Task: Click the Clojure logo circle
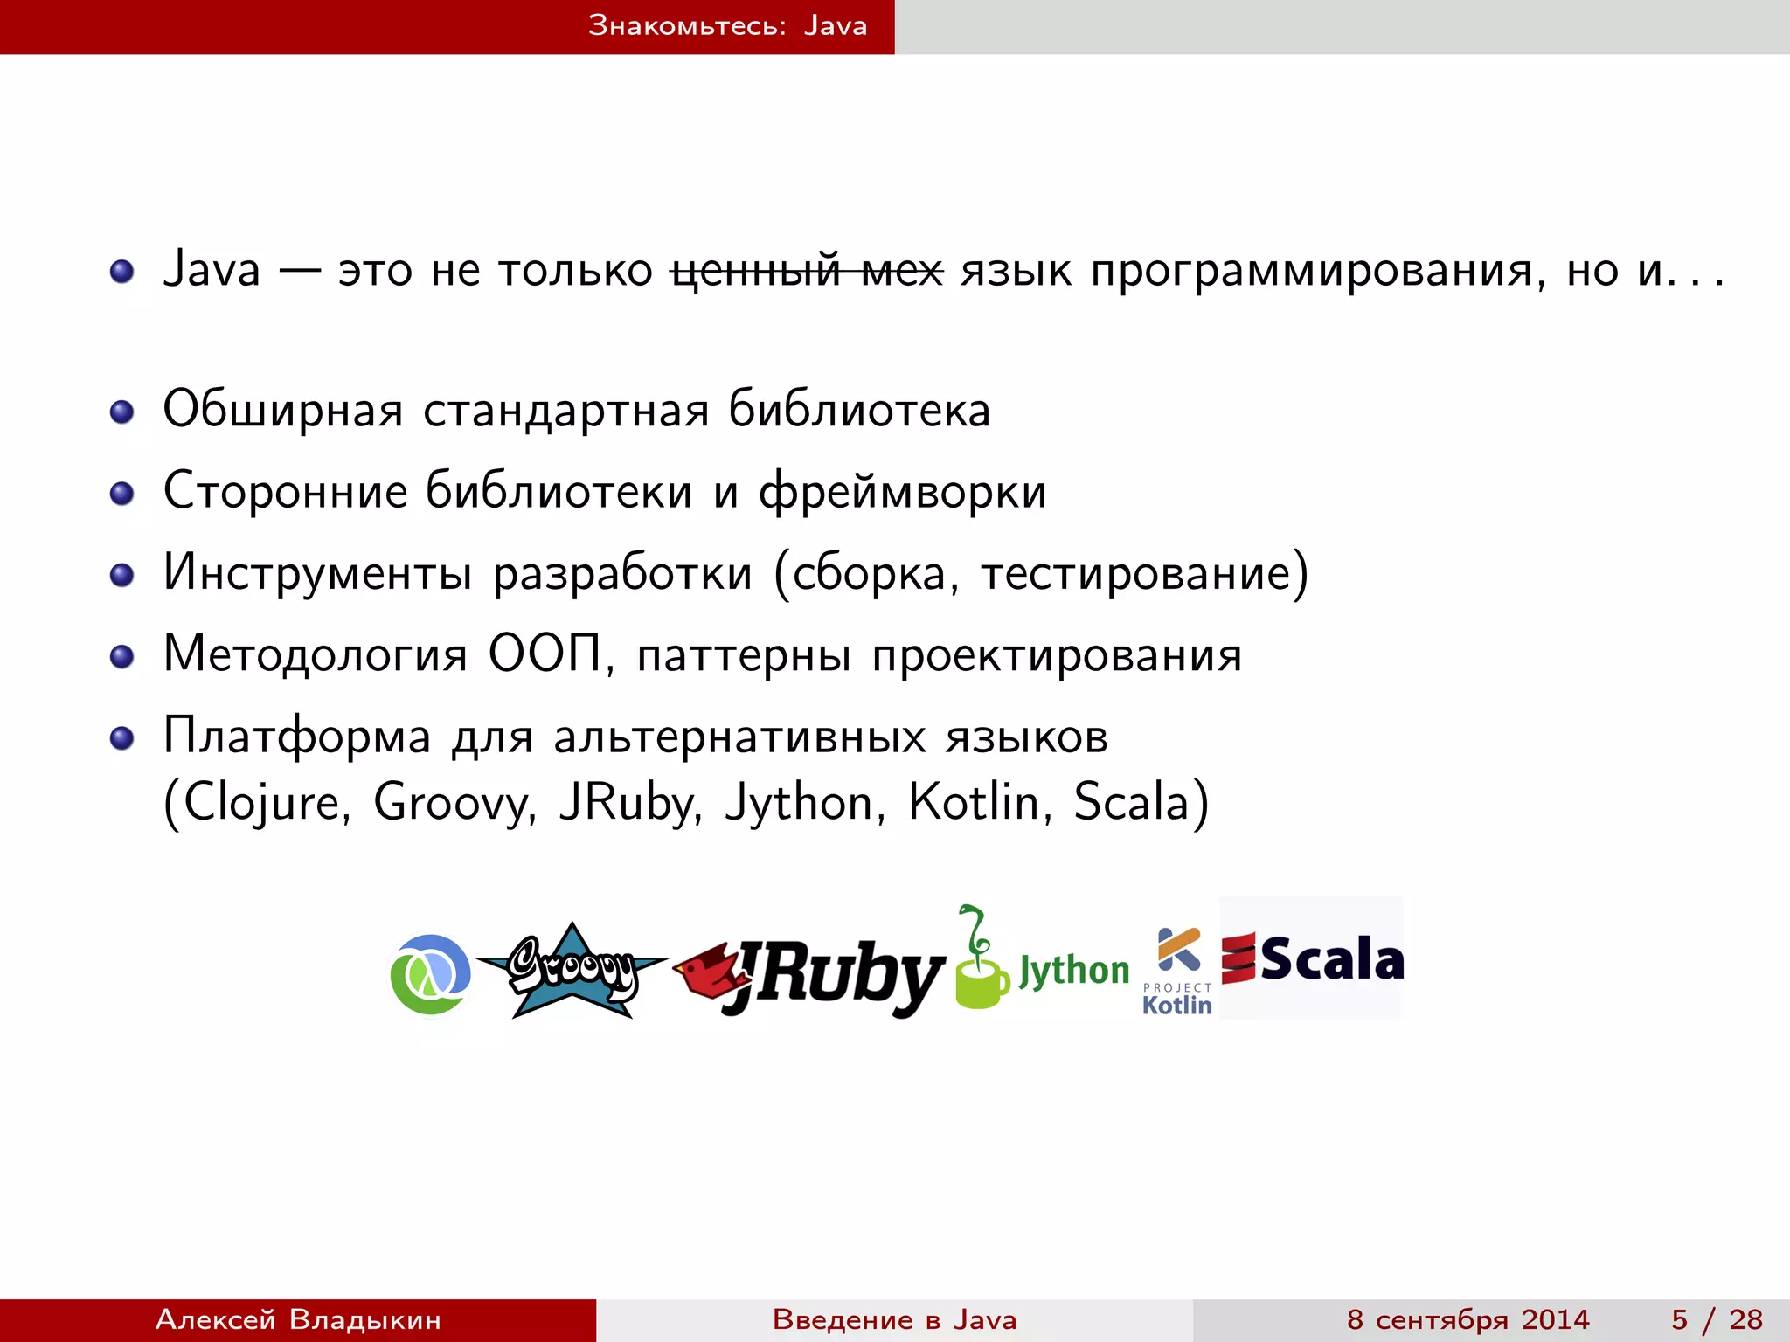[430, 973]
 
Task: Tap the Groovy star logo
[572, 970]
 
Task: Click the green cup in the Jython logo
[981, 982]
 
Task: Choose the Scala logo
[1312, 958]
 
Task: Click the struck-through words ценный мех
[807, 270]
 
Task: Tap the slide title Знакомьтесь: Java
[727, 26]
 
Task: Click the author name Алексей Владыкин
[298, 1319]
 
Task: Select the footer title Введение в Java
[894, 1319]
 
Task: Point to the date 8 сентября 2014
[1467, 1319]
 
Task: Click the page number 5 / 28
[1717, 1319]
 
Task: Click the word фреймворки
[902, 491]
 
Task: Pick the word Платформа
[297, 736]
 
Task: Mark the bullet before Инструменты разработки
[121, 575]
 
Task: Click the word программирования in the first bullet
[1311, 270]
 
